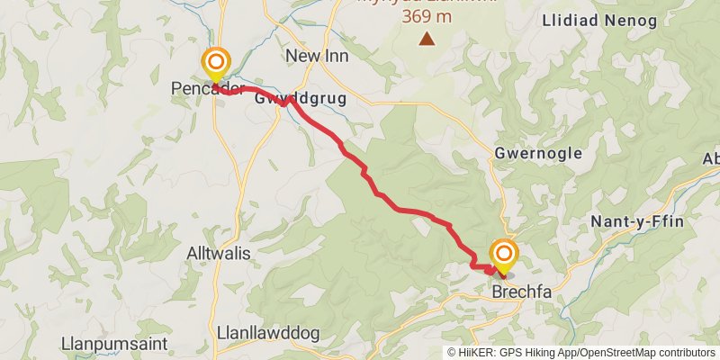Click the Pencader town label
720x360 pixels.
point(196,89)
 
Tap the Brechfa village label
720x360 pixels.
point(521,291)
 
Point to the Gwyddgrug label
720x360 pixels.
point(301,98)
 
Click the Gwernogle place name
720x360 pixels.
point(538,154)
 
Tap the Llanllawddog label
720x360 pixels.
point(268,333)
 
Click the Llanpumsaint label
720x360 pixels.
point(103,343)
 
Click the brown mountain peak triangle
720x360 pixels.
point(427,38)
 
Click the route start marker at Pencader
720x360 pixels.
point(216,63)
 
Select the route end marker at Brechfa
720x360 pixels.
point(503,254)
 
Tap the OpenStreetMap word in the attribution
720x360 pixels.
point(618,353)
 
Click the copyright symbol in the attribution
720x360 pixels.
point(453,353)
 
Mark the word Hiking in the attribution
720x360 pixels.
point(544,353)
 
